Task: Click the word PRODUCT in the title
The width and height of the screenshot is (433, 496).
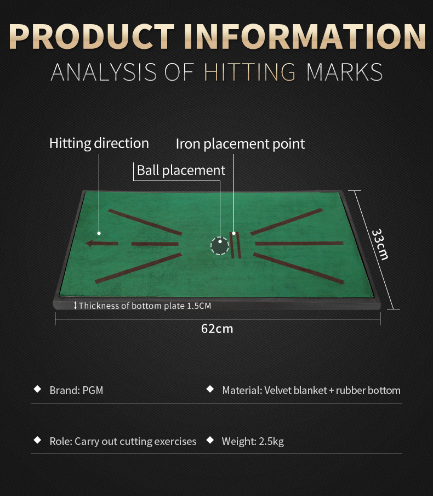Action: (x=92, y=36)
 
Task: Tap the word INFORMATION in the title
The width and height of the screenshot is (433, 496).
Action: (x=305, y=36)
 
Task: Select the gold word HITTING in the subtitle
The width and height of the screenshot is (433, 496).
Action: (x=250, y=72)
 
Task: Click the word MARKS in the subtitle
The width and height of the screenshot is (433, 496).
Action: (x=344, y=72)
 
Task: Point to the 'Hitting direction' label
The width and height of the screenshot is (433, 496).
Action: (x=99, y=143)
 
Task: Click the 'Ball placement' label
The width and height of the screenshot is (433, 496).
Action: (x=181, y=170)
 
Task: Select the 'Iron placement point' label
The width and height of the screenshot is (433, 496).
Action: (x=240, y=144)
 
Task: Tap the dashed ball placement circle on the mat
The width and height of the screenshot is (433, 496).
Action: (x=220, y=245)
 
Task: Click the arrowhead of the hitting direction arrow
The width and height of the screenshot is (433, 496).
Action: (x=89, y=243)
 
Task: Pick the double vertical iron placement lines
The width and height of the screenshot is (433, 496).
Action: (x=236, y=245)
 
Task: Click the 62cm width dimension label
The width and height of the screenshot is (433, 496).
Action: (x=217, y=329)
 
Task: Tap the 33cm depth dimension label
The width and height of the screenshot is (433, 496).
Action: (x=380, y=244)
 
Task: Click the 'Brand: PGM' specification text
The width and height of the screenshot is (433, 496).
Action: (x=77, y=390)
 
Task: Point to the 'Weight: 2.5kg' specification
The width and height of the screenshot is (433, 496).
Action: (x=253, y=441)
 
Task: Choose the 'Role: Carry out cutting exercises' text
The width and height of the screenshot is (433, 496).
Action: (x=123, y=441)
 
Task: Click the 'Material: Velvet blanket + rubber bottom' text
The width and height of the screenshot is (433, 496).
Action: (x=311, y=390)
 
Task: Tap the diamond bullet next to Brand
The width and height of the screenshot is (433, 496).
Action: (x=38, y=389)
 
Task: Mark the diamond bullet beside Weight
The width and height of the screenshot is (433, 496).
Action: (x=210, y=440)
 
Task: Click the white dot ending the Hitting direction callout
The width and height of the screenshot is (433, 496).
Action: (x=99, y=233)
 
